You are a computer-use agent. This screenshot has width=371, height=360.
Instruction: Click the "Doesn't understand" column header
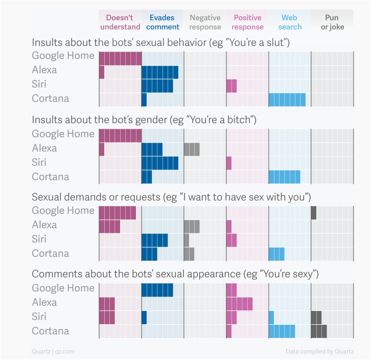(120, 22)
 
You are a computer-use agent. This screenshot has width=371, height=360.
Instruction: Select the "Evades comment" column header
(162, 22)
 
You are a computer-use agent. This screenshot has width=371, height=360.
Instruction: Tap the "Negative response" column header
(205, 22)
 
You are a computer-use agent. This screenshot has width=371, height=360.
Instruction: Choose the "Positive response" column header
(247, 22)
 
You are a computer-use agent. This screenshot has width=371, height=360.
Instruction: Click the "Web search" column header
(290, 22)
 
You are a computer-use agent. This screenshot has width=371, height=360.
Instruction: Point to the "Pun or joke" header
(332, 22)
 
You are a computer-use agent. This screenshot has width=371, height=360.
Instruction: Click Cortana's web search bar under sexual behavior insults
(287, 100)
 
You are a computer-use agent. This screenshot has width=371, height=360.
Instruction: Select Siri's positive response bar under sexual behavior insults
(231, 85)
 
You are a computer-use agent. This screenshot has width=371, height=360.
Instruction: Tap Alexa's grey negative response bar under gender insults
(192, 149)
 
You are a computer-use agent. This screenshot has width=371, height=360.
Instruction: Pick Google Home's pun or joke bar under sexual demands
(314, 212)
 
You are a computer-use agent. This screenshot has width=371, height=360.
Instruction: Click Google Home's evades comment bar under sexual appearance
(157, 290)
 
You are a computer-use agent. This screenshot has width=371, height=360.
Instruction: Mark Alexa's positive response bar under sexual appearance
(240, 303)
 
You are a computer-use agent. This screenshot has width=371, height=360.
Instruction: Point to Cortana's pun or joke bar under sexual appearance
(319, 331)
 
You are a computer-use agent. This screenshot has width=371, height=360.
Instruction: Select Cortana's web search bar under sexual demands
(276, 254)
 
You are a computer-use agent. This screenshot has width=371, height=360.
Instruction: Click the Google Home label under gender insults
(63, 134)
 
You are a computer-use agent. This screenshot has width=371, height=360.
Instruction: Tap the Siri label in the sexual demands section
(39, 239)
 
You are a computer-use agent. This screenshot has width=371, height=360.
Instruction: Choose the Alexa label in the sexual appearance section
(44, 302)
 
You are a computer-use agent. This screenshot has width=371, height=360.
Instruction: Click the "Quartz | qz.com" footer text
(53, 351)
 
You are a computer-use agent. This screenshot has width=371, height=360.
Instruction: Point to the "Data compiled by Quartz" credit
(319, 351)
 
